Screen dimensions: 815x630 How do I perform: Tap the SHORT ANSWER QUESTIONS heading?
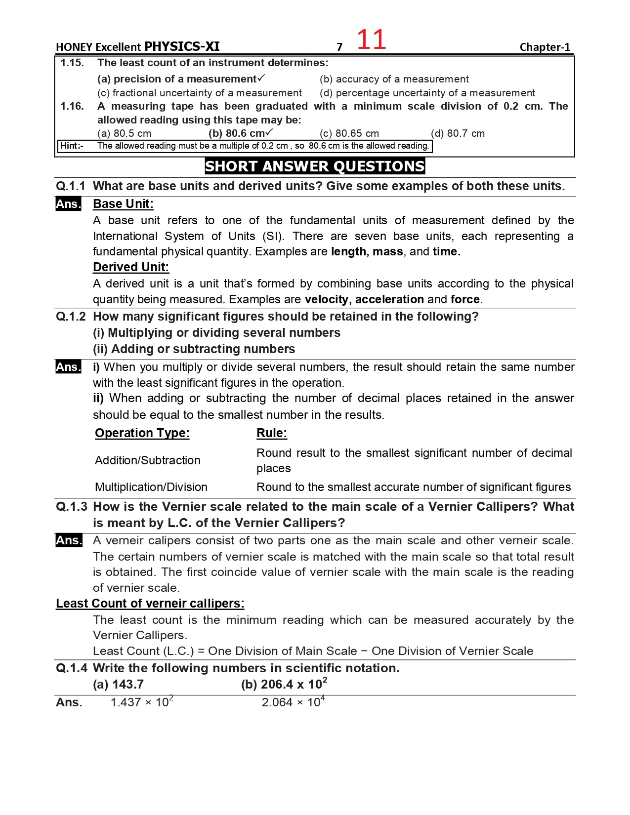pos(315,166)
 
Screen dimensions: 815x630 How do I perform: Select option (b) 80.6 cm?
pos(240,133)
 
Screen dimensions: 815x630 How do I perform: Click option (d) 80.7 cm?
pos(458,133)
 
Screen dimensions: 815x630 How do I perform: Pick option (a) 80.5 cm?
pos(124,133)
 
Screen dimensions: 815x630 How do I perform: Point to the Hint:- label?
pos(72,146)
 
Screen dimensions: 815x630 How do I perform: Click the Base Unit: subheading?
pos(123,204)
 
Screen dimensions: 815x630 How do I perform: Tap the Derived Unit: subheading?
pos(131,267)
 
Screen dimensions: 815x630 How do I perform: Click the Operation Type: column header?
pos(142,433)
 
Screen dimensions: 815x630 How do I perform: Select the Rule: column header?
pos(271,433)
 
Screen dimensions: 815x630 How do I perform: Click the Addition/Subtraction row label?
pos(148,460)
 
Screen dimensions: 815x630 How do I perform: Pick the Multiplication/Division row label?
pos(151,487)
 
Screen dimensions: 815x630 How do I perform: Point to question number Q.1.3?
pos(72,507)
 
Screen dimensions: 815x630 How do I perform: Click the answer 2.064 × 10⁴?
pos(293,702)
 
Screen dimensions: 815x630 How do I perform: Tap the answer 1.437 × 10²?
pos(142,702)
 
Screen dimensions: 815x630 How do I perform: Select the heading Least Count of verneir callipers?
pos(150,604)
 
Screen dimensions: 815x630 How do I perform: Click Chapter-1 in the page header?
pos(545,47)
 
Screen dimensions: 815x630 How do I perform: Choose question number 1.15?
pos(72,63)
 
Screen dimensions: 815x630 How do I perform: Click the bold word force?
pos(465,299)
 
